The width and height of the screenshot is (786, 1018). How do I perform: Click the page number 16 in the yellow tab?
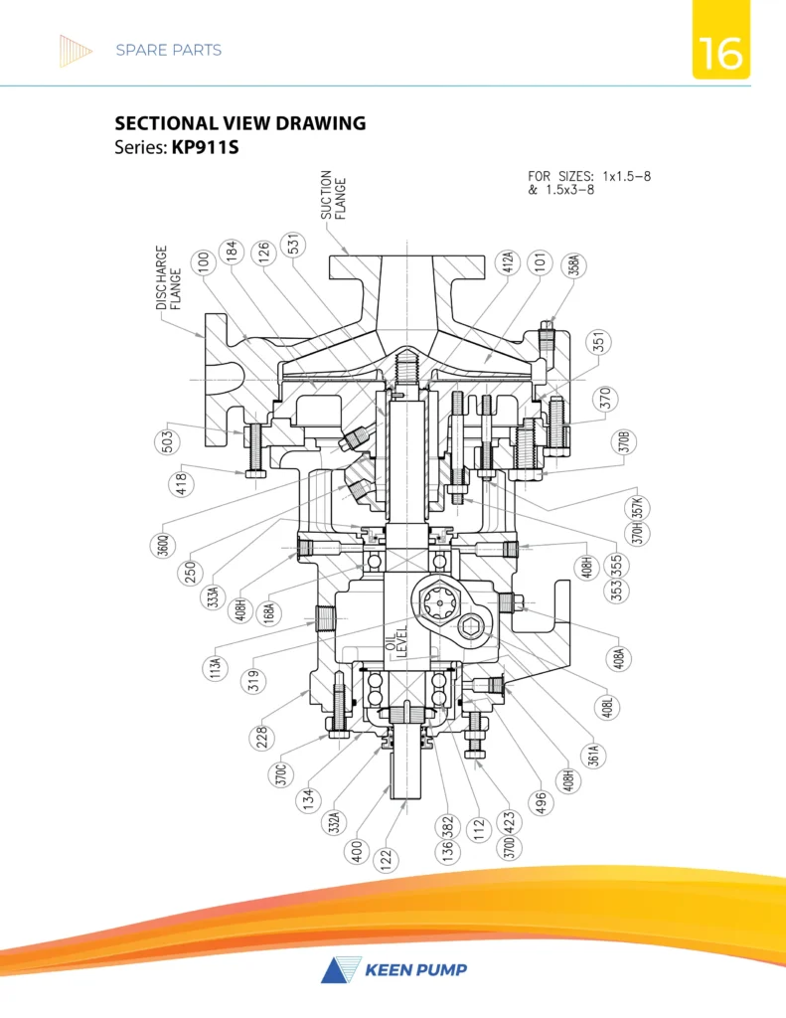(720, 54)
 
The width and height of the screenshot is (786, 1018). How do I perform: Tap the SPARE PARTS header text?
(168, 50)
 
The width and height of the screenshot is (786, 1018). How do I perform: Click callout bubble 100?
(204, 261)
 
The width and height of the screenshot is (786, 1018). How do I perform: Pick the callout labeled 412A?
(507, 263)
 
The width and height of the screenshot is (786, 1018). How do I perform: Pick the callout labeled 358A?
(571, 269)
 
